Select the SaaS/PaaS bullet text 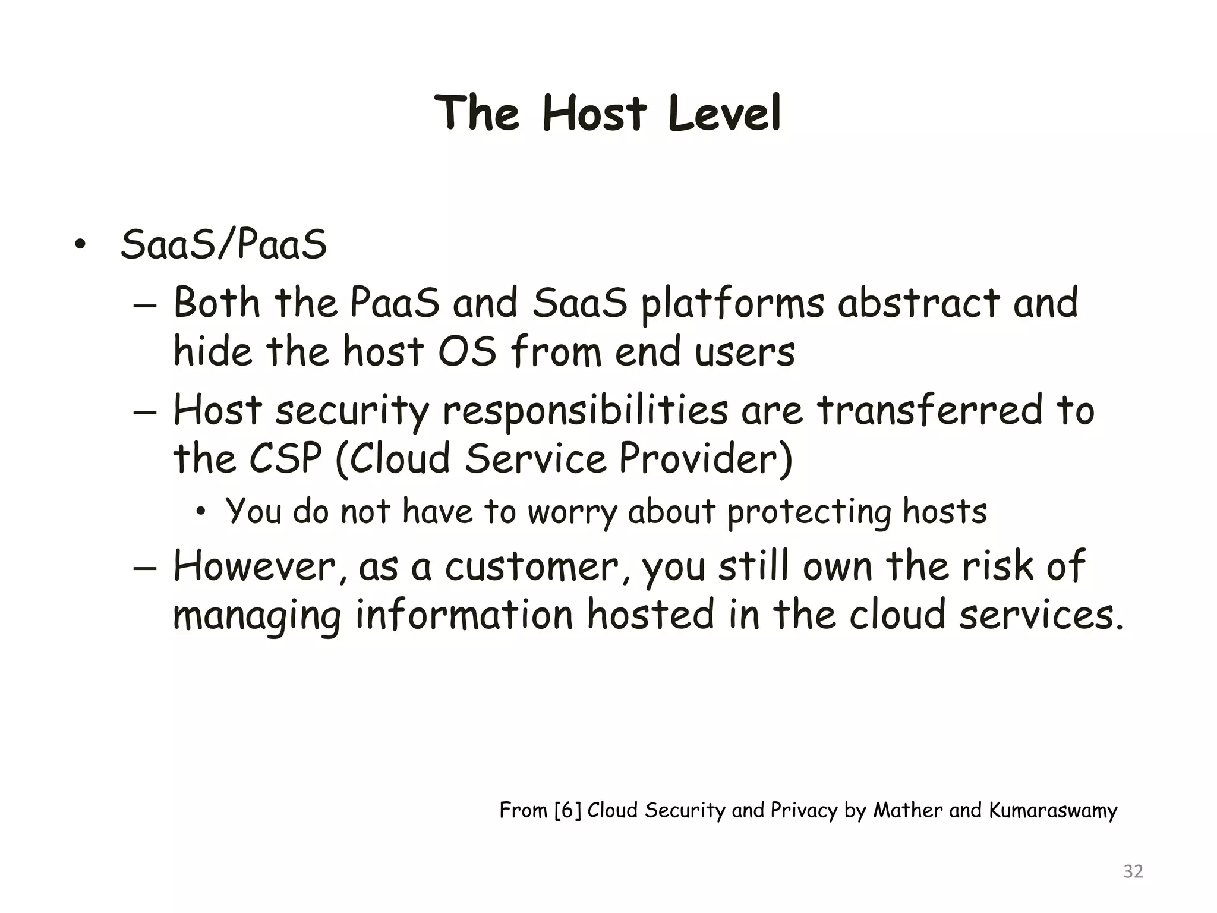[223, 245]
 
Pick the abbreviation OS [467, 351]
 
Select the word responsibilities [585, 411]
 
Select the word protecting [809, 512]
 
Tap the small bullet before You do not [201, 511]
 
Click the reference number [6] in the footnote [567, 810]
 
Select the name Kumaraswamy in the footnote [1053, 811]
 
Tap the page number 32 [1133, 871]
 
